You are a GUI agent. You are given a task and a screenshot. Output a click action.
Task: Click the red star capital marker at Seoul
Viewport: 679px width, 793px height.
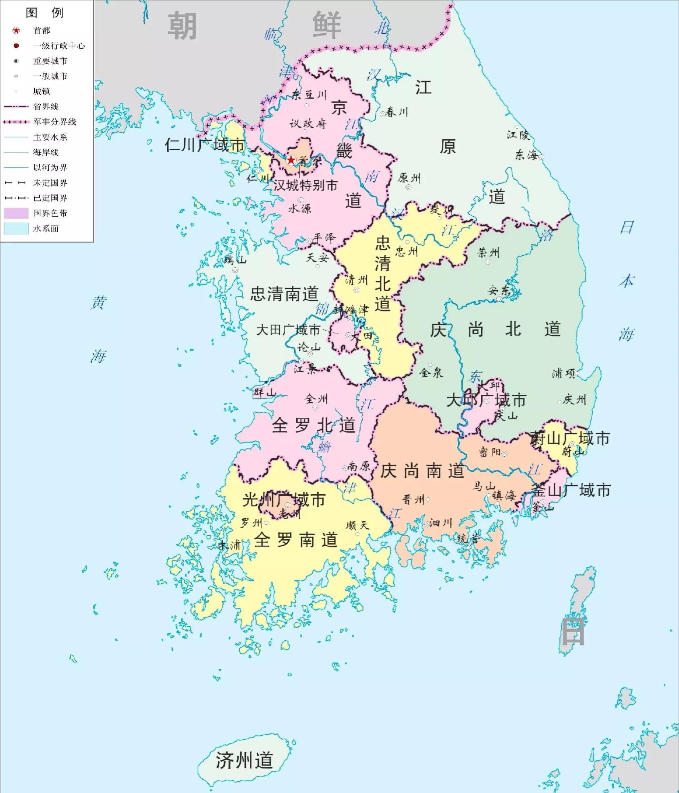pyautogui.click(x=291, y=160)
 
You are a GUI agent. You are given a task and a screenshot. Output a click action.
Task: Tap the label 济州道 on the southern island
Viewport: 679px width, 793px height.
pyautogui.click(x=244, y=760)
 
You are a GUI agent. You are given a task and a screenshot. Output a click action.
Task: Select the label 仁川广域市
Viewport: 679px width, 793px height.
pyautogui.click(x=204, y=145)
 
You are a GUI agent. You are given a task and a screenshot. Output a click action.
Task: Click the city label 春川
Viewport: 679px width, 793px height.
pyautogui.click(x=397, y=112)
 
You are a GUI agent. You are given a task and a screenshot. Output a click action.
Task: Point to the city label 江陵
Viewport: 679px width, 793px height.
pyautogui.click(x=518, y=135)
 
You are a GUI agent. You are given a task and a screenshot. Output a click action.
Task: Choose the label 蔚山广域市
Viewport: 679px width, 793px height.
pyautogui.click(x=570, y=438)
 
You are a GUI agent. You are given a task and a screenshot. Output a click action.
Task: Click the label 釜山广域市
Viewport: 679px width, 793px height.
pyautogui.click(x=571, y=490)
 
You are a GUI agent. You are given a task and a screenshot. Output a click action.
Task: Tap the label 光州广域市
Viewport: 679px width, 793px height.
pyautogui.click(x=284, y=500)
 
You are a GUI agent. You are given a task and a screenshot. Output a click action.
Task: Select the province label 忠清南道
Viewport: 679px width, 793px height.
pyautogui.click(x=284, y=294)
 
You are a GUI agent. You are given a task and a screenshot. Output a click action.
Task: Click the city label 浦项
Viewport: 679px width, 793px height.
pyautogui.click(x=563, y=374)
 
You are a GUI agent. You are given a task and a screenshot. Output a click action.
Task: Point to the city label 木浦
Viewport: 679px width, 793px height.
pyautogui.click(x=230, y=545)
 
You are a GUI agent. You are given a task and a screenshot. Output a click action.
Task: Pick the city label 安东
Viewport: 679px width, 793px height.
pyautogui.click(x=499, y=290)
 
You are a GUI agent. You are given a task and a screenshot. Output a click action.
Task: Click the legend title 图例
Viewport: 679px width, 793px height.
pyautogui.click(x=45, y=13)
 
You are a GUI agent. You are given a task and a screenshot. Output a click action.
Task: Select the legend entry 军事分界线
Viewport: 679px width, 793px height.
pyautogui.click(x=54, y=122)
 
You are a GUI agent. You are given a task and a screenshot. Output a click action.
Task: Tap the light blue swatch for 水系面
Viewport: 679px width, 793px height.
pyautogui.click(x=16, y=228)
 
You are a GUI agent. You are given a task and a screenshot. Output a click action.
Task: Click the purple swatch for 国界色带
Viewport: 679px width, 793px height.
pyautogui.click(x=16, y=213)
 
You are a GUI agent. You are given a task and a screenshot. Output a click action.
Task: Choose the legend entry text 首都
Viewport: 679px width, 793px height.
pyautogui.click(x=42, y=31)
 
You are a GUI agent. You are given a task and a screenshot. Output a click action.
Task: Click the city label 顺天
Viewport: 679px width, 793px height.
pyautogui.click(x=357, y=525)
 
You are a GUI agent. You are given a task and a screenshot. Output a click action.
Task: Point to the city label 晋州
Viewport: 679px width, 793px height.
pyautogui.click(x=413, y=500)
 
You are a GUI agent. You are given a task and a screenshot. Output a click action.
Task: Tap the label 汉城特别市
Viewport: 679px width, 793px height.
pyautogui.click(x=305, y=185)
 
